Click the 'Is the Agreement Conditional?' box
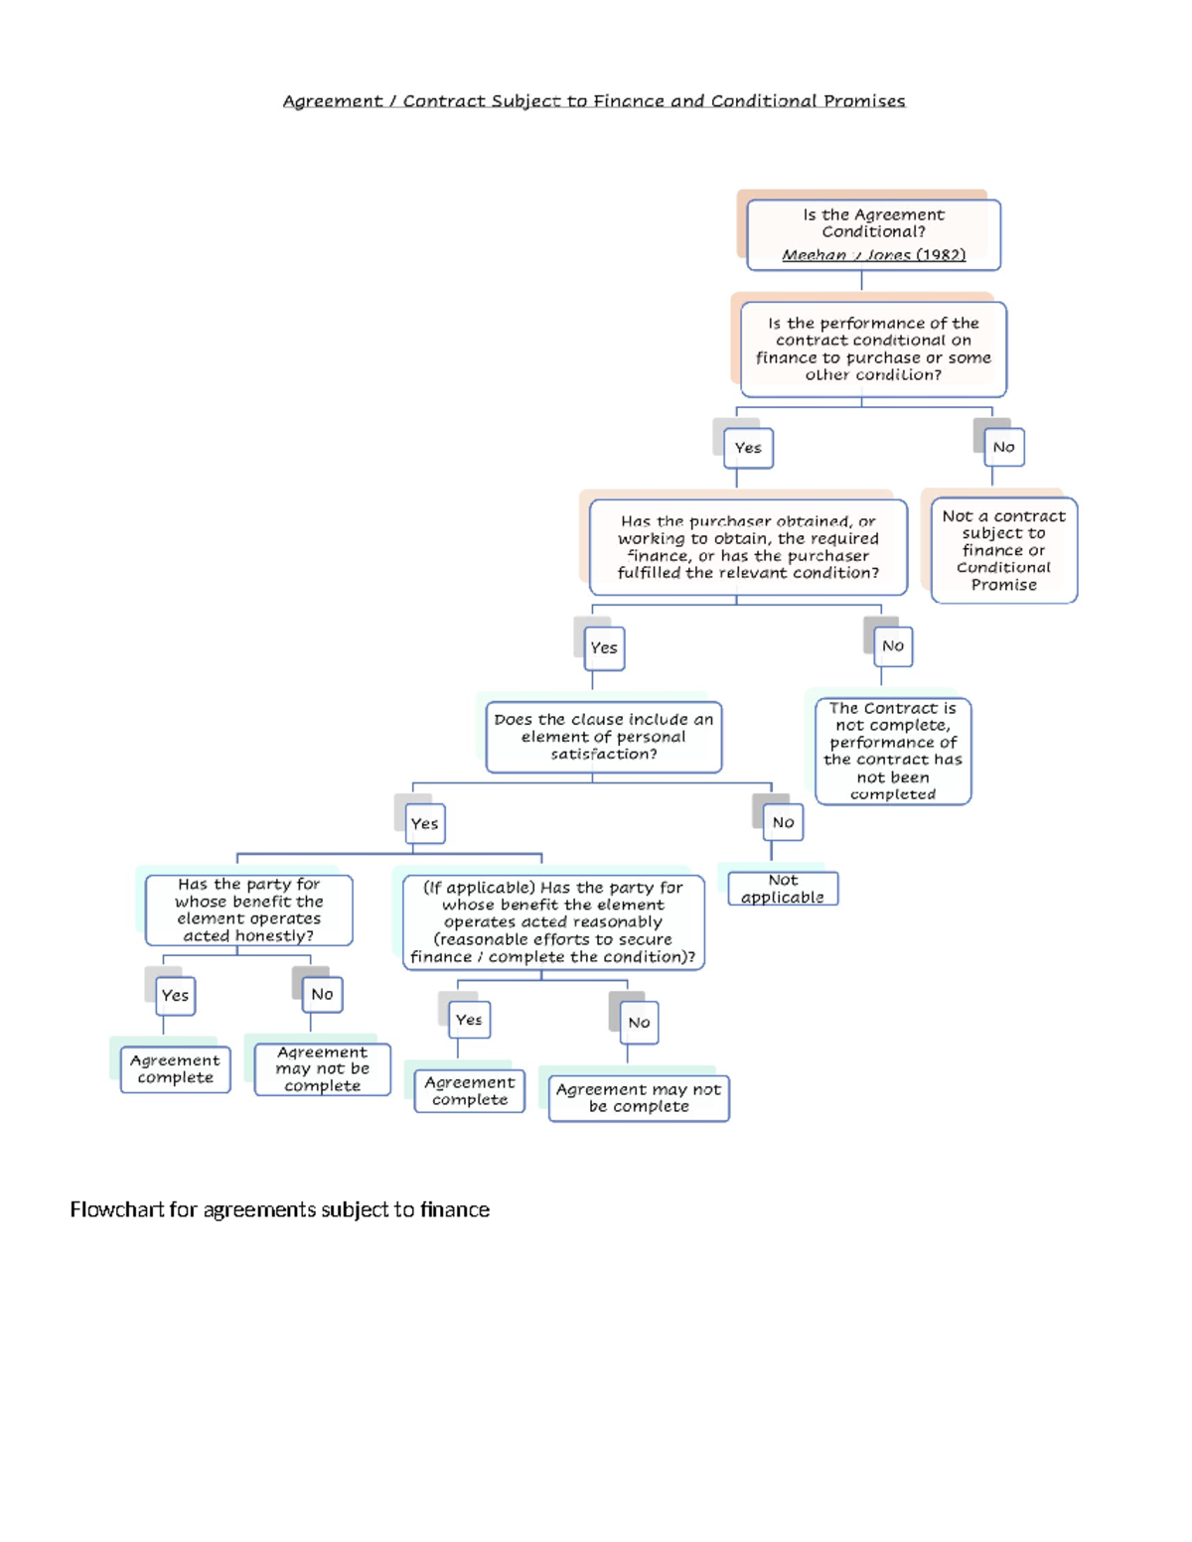click(x=873, y=235)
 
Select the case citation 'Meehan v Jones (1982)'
click(x=873, y=255)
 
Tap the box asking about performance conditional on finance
click(x=873, y=350)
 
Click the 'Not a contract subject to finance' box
click(x=1004, y=550)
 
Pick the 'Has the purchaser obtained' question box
click(x=748, y=547)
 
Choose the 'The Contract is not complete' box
click(x=893, y=751)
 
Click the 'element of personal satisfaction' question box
click(x=604, y=737)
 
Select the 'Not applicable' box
click(x=783, y=889)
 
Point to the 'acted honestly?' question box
click(x=248, y=910)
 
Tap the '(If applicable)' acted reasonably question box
click(x=553, y=921)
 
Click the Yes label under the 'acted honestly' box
click(x=175, y=995)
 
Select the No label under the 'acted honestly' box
click(x=322, y=994)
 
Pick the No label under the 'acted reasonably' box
click(x=639, y=1023)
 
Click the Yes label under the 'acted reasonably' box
click(x=469, y=1020)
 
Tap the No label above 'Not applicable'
click(x=783, y=822)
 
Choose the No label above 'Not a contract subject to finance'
click(x=1004, y=447)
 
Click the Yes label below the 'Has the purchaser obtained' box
click(x=604, y=648)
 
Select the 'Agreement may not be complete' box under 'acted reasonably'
click(x=639, y=1098)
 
